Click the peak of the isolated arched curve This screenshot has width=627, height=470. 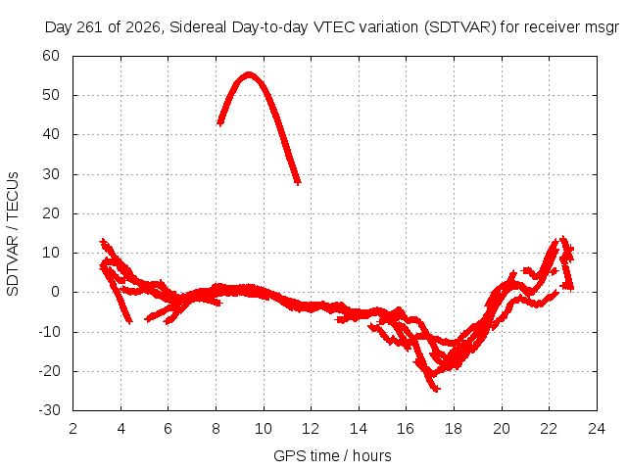249,75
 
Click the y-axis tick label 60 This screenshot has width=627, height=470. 51,56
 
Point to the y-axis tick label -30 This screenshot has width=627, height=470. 49,410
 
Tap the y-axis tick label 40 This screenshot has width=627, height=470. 51,134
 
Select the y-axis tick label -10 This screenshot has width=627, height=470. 49,331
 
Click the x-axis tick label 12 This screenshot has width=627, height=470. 311,429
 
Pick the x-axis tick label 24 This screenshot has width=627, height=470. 597,429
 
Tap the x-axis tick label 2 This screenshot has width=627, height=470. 72,429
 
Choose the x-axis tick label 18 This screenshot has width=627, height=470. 453,429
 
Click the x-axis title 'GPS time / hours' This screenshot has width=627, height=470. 332,455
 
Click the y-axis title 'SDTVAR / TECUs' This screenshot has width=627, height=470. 13,234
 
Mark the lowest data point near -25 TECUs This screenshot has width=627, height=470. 435,389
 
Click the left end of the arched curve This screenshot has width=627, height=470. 219,122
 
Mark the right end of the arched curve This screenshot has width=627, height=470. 297,182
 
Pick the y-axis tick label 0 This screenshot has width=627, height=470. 55,292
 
